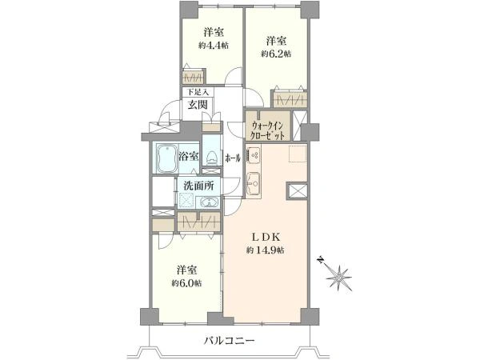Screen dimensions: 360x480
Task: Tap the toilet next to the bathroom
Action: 210,157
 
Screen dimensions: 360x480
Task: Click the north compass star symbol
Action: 340,277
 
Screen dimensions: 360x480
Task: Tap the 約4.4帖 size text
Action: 213,46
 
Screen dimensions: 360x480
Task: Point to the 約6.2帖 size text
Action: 275,54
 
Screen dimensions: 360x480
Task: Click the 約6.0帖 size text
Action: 186,283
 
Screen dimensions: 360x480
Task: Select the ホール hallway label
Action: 233,158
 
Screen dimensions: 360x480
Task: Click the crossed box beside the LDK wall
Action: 296,192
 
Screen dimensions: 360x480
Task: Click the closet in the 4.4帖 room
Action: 193,78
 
